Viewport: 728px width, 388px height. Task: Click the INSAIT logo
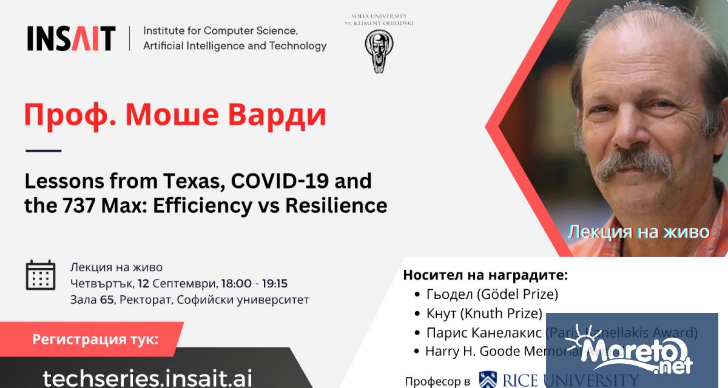click(71, 39)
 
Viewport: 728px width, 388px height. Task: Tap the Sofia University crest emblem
click(379, 51)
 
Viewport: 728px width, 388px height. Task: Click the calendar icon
click(41, 275)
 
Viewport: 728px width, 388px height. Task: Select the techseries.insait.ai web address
click(147, 377)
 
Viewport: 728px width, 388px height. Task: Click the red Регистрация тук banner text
click(95, 339)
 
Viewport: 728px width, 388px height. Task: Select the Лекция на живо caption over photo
click(638, 232)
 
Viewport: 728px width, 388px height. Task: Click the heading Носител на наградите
click(485, 275)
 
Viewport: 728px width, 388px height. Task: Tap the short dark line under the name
click(43, 150)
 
